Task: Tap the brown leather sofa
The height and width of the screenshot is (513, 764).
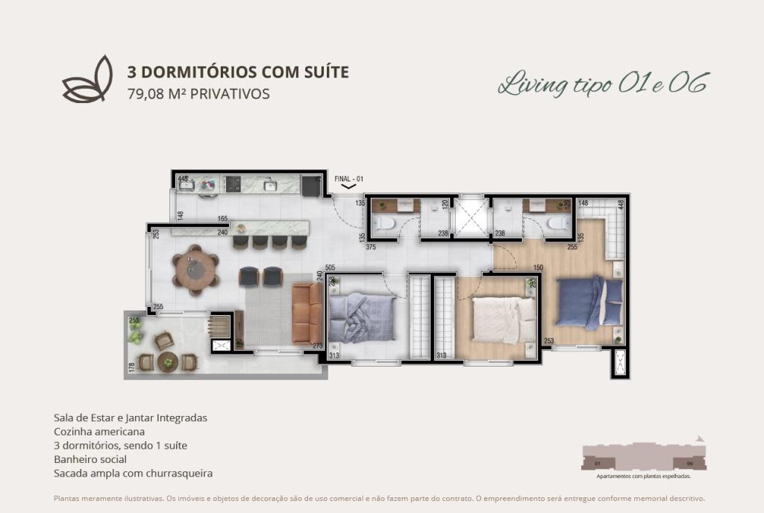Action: point(306,312)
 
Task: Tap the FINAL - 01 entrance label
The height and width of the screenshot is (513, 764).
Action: point(349,179)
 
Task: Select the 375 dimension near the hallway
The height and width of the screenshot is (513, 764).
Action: point(371,247)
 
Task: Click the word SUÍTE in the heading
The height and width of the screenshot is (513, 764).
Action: point(322,72)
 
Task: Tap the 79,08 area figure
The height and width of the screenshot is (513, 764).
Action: point(146,94)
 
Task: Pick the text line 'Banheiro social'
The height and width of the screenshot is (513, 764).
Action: point(90,459)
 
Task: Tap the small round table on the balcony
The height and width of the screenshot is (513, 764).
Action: point(169,362)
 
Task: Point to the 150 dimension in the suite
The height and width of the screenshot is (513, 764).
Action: point(537,267)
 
